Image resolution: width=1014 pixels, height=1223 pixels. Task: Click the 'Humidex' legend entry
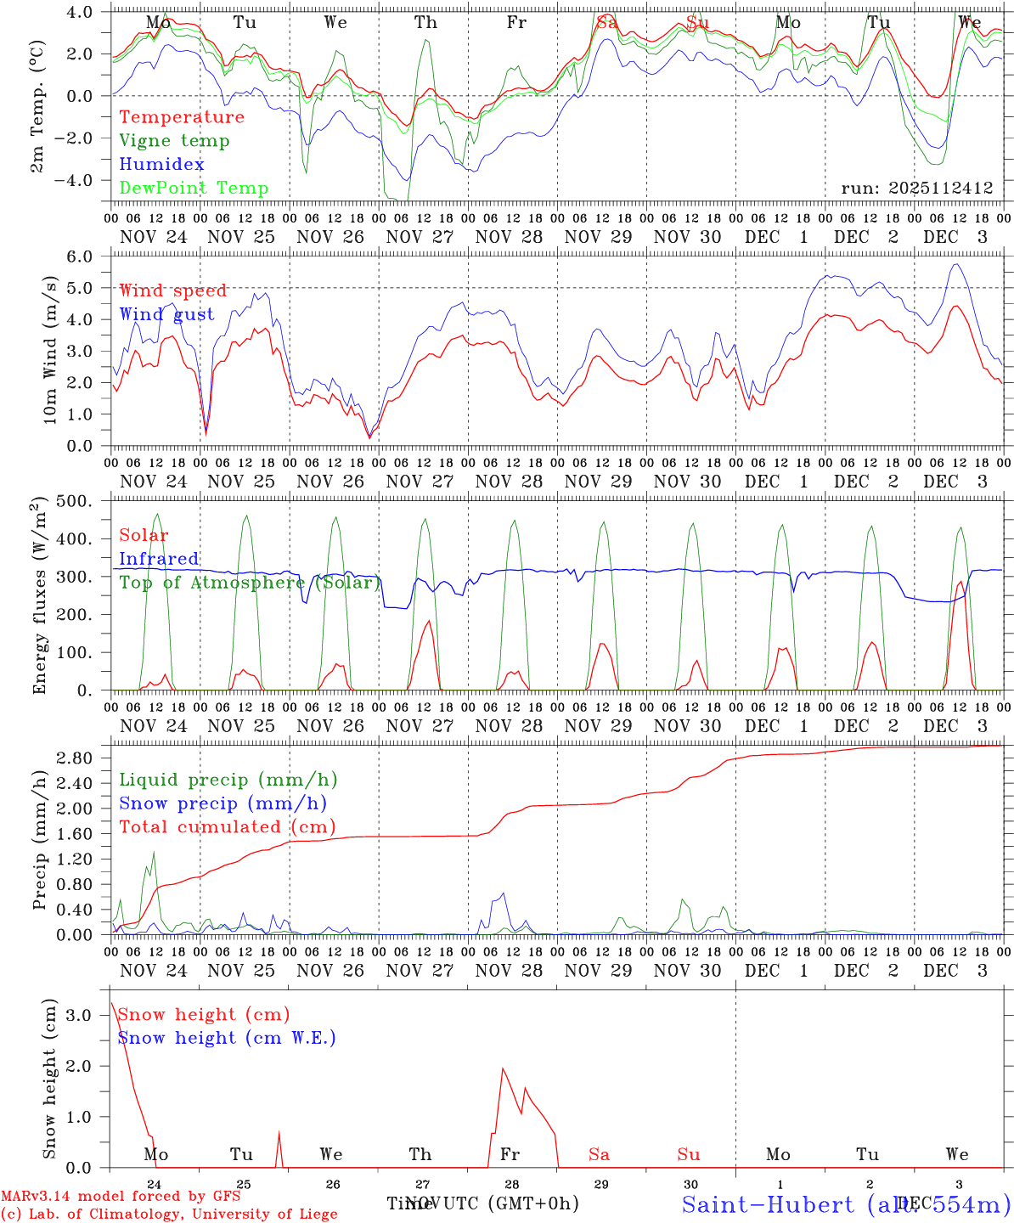point(161,165)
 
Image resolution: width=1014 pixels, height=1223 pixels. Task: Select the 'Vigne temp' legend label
point(174,141)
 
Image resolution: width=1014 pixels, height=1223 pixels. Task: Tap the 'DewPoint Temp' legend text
point(194,189)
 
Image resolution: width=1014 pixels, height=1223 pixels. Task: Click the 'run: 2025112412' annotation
point(917,189)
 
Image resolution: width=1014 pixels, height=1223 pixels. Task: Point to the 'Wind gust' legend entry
point(166,314)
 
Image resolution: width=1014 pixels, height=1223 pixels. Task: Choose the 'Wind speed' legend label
point(173,290)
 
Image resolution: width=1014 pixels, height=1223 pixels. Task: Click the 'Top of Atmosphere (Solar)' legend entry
point(249,583)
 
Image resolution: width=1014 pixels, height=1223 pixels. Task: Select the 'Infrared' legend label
point(159,559)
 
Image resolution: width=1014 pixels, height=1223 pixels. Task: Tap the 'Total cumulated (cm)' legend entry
point(227,827)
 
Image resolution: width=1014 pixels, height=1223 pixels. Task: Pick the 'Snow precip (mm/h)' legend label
point(223,803)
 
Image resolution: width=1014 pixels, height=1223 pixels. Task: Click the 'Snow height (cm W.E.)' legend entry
point(226,1038)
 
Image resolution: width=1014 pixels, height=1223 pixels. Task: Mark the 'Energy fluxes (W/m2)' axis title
point(39,597)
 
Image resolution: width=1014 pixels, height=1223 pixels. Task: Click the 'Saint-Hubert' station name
point(767,1204)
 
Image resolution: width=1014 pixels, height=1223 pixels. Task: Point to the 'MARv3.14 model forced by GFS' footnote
point(121,1197)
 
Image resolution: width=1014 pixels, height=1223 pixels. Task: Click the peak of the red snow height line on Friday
point(503,1068)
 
